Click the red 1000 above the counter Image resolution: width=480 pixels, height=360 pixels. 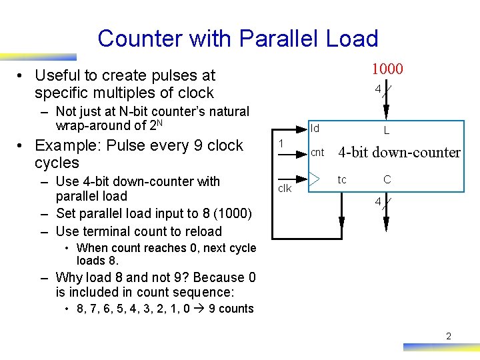pos(387,69)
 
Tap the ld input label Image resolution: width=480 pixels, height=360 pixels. pos(315,127)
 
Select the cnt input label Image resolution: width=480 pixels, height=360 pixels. pos(317,153)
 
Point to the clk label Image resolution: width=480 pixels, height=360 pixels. pos(285,189)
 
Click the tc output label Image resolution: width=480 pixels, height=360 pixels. pos(342,180)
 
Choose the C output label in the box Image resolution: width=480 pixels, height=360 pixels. pos(387,180)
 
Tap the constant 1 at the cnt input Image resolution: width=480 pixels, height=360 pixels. pos(281,143)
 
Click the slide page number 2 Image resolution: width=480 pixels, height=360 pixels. pos(449,336)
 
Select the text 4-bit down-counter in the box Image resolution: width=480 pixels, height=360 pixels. pos(399,153)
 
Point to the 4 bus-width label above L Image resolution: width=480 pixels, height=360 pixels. pos(378,89)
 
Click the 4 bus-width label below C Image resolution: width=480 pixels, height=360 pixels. pos(378,201)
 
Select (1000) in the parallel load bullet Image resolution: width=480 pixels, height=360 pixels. pos(228,213)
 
